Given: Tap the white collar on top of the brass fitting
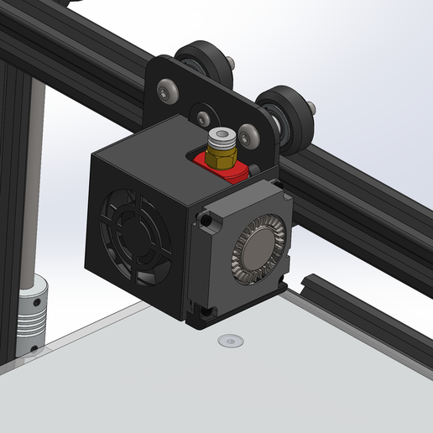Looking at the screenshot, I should coord(222,136).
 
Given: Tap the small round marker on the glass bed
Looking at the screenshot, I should coord(228,340).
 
